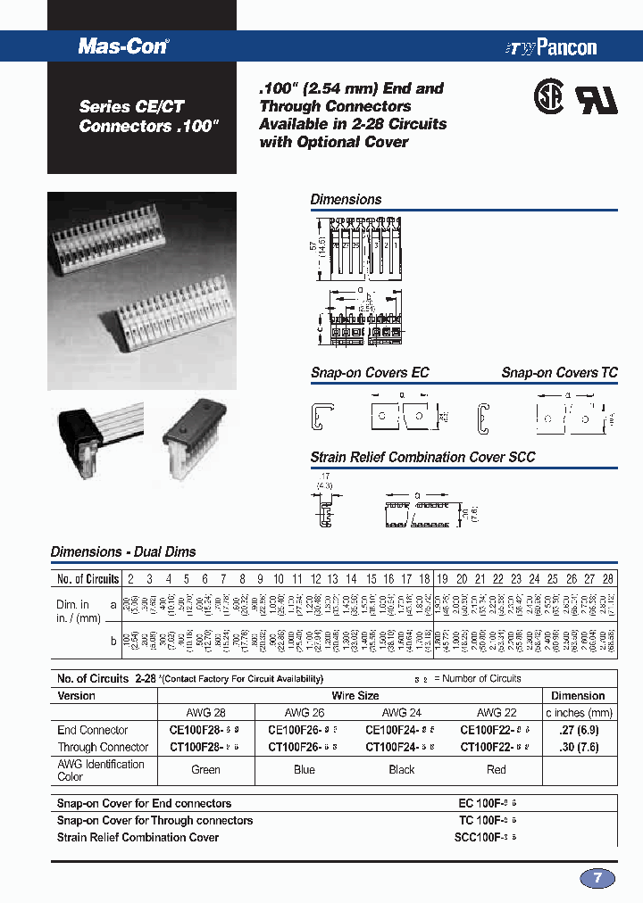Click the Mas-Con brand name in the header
(123, 46)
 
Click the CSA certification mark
(547, 99)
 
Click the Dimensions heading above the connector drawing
(346, 200)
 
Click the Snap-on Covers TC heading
(559, 373)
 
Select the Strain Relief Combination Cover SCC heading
(422, 457)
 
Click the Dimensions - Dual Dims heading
(123, 552)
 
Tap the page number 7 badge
(597, 878)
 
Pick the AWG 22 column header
(496, 712)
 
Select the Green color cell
(205, 769)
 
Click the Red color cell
(497, 769)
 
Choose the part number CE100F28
(198, 730)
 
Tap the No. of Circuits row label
(88, 579)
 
